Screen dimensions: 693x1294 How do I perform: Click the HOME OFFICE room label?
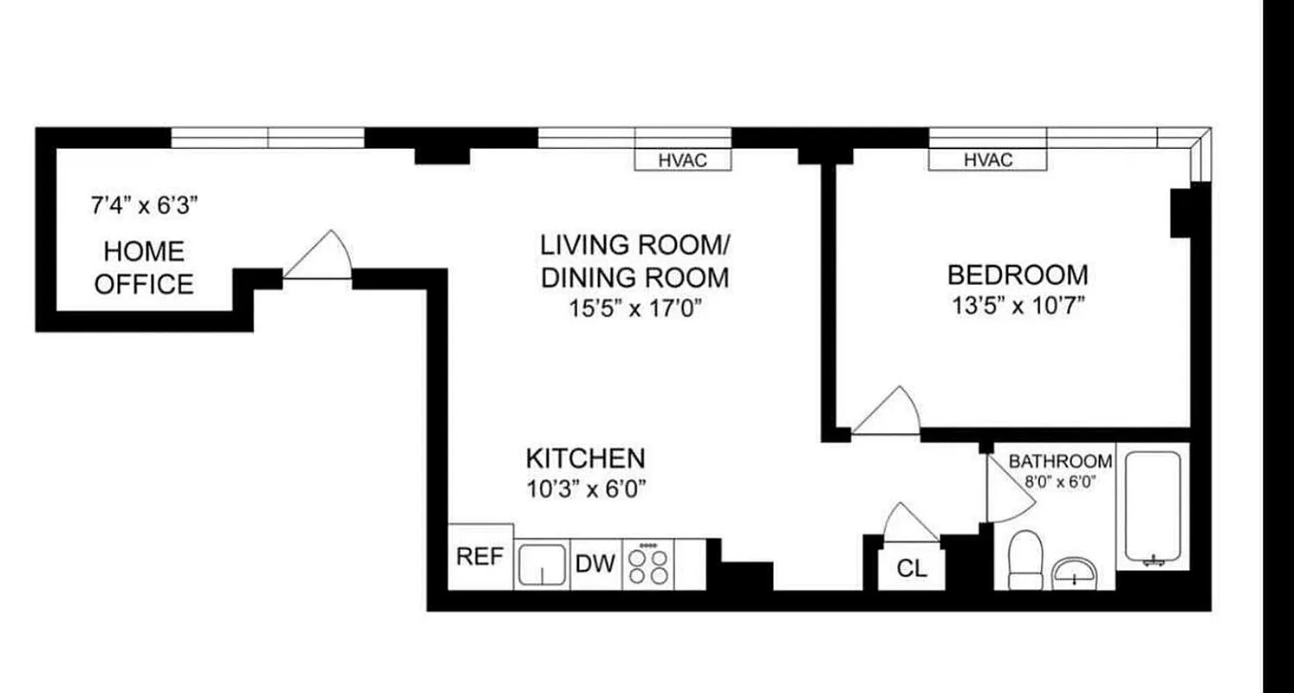[144, 268]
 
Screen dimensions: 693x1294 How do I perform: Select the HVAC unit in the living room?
[683, 160]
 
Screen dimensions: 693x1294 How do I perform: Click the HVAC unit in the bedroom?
[987, 160]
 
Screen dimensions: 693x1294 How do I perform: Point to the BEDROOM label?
[1017, 275]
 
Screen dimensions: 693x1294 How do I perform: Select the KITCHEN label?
[585, 457]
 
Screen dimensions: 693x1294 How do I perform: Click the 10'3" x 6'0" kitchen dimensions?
[587, 489]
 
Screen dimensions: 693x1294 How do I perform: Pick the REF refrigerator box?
[480, 557]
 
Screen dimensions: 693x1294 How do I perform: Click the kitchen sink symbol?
[543, 566]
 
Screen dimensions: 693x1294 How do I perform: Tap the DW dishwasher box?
[595, 565]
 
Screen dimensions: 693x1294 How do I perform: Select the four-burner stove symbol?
[648, 565]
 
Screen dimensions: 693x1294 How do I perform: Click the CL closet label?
[911, 569]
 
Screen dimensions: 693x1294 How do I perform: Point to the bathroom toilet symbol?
[1027, 559]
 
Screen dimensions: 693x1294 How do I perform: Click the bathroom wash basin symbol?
[1074, 573]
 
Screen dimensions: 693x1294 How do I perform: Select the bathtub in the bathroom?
[1153, 508]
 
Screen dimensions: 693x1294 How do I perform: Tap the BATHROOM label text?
[1060, 462]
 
